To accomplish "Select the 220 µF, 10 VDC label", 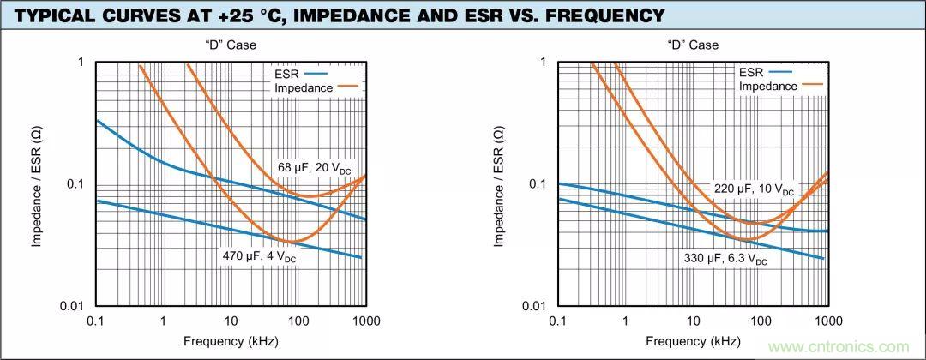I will pyautogui.click(x=754, y=189).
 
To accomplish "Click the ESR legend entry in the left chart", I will pyautogui.click(x=296, y=74).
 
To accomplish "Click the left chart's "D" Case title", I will pyautogui.click(x=231, y=45).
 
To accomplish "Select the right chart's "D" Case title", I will pyautogui.click(x=694, y=45).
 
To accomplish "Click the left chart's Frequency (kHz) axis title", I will pyautogui.click(x=231, y=341).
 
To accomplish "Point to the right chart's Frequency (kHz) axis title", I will pyautogui.click(x=694, y=341).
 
